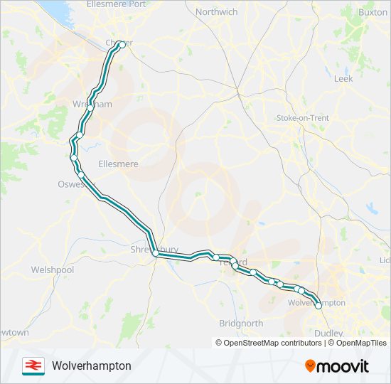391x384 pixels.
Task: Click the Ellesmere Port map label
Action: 115,4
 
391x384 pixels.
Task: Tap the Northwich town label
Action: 216,12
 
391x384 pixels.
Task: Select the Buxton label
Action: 373,12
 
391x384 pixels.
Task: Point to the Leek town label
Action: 343,79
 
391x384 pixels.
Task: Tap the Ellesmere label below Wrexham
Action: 118,164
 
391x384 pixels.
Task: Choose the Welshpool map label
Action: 53,270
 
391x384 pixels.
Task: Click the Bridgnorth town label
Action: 241,323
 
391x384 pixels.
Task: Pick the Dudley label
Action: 328,332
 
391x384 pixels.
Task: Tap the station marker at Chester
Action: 122,44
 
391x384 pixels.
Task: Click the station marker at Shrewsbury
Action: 155,252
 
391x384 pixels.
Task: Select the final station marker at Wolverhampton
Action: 318,306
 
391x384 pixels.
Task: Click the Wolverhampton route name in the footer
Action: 91,366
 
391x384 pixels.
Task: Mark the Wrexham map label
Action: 92,105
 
